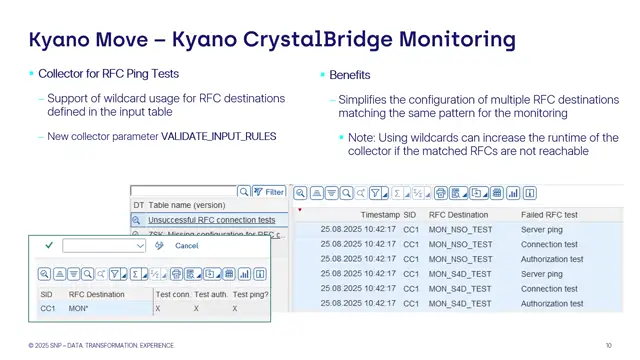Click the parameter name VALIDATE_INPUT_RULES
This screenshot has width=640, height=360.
(218, 136)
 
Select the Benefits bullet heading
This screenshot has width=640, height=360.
(350, 75)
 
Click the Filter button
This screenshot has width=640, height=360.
(269, 192)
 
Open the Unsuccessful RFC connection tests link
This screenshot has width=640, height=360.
(211, 220)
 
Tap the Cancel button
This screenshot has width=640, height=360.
(186, 245)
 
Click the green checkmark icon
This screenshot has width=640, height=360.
(48, 245)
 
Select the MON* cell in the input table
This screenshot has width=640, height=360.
(79, 309)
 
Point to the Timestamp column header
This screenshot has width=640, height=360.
(380, 215)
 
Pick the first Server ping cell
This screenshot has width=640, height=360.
(542, 229)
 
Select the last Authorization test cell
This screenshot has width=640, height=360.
(552, 303)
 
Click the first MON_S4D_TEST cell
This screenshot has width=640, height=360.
(460, 273)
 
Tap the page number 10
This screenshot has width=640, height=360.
(609, 345)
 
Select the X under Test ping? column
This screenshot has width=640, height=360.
(236, 309)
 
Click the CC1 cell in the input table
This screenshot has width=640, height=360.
(46, 309)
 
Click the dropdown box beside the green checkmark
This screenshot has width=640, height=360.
(104, 245)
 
